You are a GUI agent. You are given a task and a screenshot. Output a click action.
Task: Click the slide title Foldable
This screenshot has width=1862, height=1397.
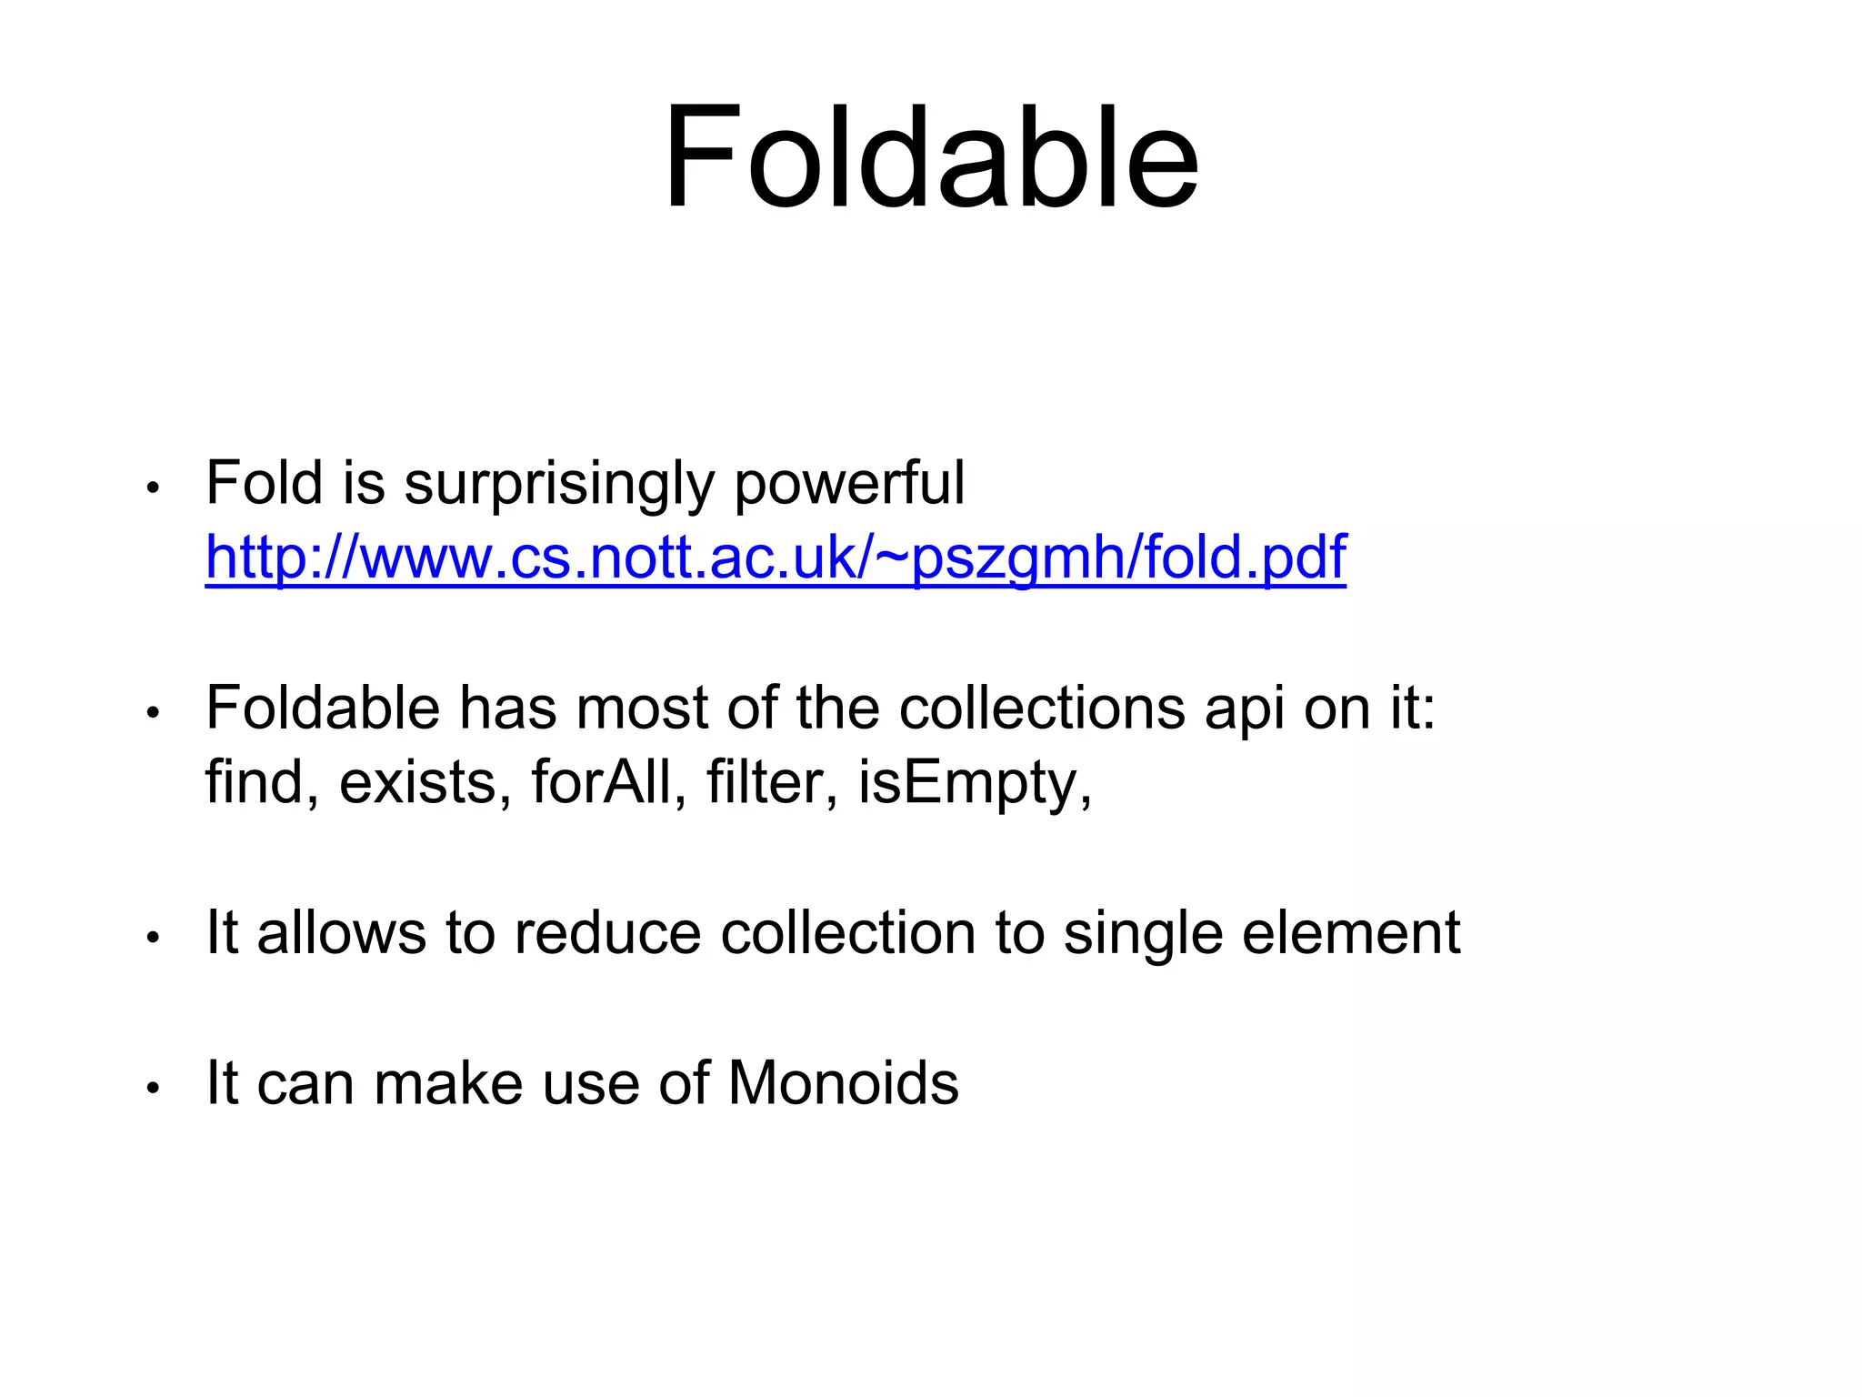tap(931, 159)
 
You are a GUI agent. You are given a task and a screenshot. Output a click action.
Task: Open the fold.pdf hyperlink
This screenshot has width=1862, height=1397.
tap(775, 557)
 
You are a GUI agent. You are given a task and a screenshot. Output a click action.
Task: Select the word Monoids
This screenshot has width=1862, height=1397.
tap(843, 1083)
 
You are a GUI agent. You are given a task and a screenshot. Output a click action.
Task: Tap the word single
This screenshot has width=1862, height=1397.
tap(1143, 935)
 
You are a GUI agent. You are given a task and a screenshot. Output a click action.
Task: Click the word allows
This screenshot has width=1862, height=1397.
tap(341, 933)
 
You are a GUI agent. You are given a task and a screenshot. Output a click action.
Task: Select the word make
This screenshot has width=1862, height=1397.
tap(448, 1083)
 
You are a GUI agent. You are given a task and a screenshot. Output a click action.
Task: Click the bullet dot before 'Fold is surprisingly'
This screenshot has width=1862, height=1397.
tap(153, 488)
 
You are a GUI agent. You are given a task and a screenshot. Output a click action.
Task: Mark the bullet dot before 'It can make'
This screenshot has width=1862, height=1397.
tap(153, 1088)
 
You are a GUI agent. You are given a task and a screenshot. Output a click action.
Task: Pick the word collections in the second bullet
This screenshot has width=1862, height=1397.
tap(1042, 709)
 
